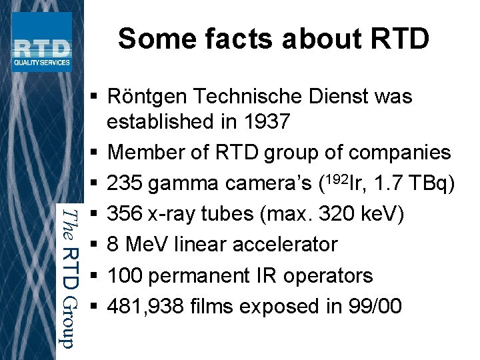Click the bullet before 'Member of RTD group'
(x=95, y=153)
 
